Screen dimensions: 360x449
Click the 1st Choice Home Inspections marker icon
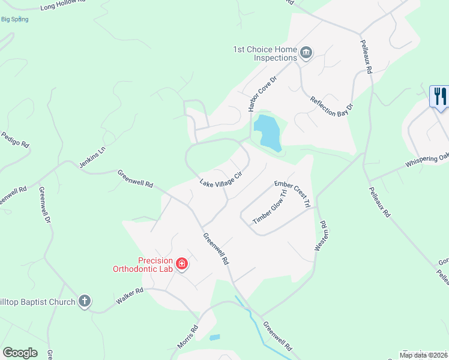coord(306,53)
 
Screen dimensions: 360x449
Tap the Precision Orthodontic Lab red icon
coord(181,263)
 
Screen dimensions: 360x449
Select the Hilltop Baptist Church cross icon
coord(85,301)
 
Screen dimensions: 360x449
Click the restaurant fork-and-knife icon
coord(439,97)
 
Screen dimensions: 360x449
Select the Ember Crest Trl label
coord(292,194)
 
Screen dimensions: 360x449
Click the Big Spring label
coord(15,19)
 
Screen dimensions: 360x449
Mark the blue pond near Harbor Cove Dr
coord(268,132)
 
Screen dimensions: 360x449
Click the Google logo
coord(20,353)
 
